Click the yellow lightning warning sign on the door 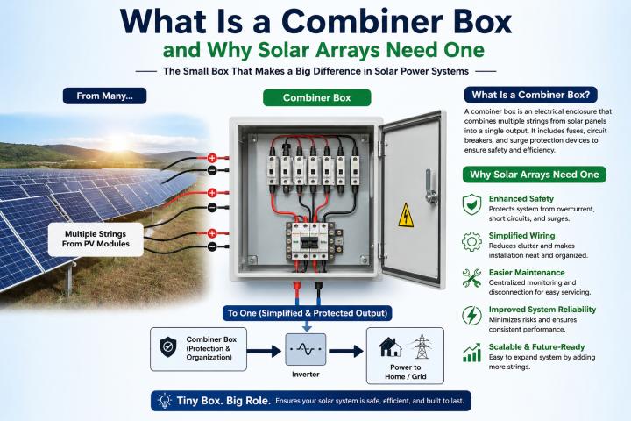click(x=406, y=215)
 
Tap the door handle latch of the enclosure click(x=430, y=187)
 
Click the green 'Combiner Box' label click(x=316, y=97)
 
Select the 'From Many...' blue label click(x=104, y=96)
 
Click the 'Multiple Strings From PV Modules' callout click(x=96, y=239)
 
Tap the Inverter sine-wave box click(x=306, y=349)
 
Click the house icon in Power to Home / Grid click(x=390, y=347)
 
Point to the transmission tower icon click(x=421, y=346)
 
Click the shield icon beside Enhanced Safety click(x=471, y=204)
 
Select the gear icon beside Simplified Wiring click(x=471, y=242)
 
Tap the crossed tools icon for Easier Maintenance click(x=471, y=278)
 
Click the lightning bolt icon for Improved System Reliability click(x=471, y=316)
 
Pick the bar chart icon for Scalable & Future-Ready click(x=471, y=353)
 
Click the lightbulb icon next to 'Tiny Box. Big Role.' click(x=164, y=401)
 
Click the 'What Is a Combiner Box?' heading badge click(x=531, y=95)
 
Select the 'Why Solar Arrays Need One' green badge click(x=535, y=175)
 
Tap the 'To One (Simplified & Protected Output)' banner click(x=308, y=313)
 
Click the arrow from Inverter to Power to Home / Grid click(x=346, y=351)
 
